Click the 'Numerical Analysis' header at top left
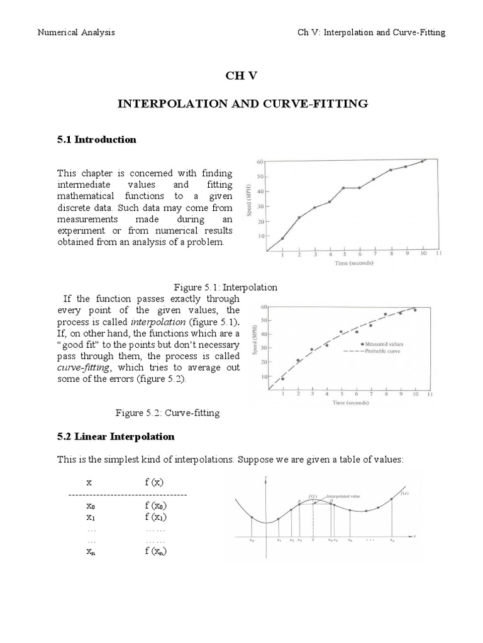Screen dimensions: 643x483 [x=77, y=33]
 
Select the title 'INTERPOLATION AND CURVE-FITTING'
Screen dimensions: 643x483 [x=242, y=104]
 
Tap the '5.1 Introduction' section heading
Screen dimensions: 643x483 [x=97, y=139]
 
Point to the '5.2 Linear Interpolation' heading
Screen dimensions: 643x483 [x=116, y=436]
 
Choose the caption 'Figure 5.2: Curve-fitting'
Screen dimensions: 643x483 [x=167, y=413]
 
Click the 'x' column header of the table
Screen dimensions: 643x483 [x=89, y=482]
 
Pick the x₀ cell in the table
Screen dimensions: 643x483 [x=91, y=506]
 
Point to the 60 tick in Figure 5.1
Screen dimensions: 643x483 [x=260, y=161]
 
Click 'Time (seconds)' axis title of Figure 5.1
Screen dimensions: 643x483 [x=353, y=263]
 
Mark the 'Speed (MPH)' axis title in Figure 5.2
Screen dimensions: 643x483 [x=255, y=343]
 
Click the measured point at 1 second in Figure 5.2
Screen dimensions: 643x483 [x=282, y=379]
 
